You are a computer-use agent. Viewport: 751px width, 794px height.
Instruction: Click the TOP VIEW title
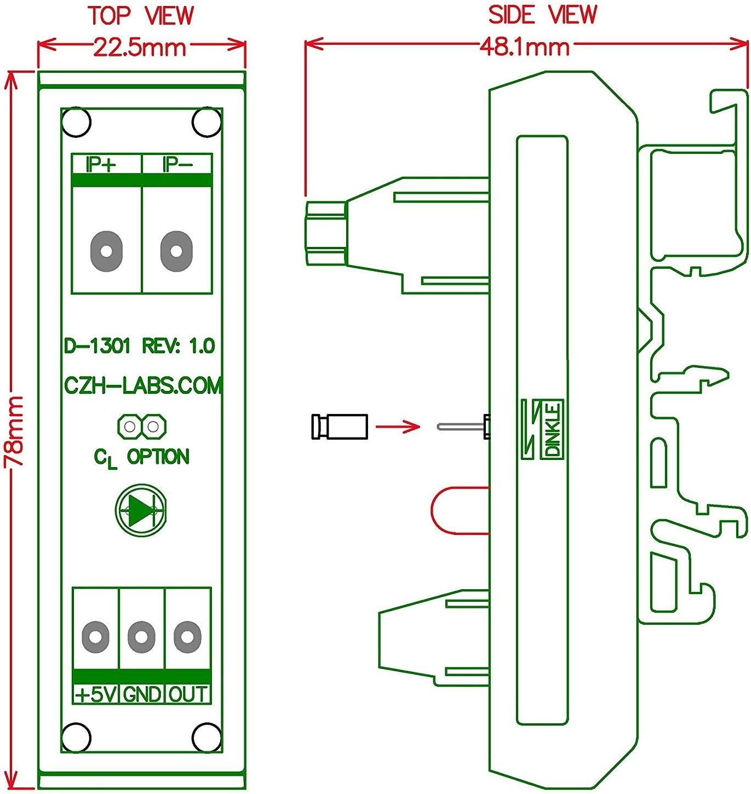[x=141, y=16]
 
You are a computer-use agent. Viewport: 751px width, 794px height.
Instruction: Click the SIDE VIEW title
[x=542, y=15]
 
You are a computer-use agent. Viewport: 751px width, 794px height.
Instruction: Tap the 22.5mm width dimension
[x=140, y=48]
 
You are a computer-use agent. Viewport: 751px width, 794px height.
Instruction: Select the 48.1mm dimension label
[x=525, y=48]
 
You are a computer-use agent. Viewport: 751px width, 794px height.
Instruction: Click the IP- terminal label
[x=176, y=164]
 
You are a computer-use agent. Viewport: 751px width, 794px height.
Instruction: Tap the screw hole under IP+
[x=106, y=251]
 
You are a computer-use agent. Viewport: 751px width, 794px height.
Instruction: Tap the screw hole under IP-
[x=175, y=251]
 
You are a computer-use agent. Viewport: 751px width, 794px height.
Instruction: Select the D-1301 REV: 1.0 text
[x=140, y=346]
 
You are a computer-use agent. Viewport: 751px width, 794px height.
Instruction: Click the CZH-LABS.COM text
[x=142, y=386]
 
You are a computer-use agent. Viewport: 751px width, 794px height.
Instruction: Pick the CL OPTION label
[x=142, y=457]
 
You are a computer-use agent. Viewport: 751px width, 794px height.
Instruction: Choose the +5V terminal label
[x=95, y=694]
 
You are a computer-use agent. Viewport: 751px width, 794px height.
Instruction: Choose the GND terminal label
[x=142, y=694]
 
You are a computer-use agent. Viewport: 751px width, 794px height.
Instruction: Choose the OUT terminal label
[x=187, y=694]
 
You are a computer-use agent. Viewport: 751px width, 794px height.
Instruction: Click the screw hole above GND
[x=141, y=637]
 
